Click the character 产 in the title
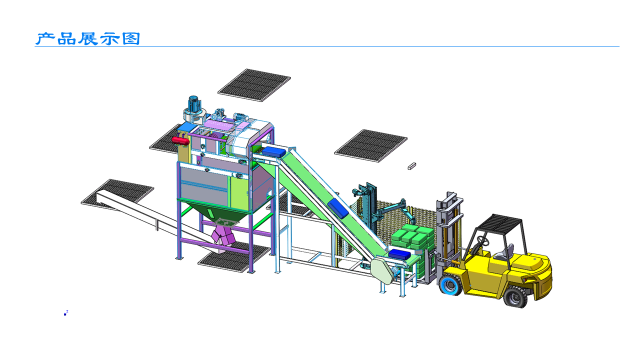coord(45,39)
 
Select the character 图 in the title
coord(131,39)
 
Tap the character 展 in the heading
coord(88,39)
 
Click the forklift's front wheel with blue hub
coord(451,284)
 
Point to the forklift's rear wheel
coord(516,296)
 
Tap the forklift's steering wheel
coord(483,241)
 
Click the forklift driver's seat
coord(506,252)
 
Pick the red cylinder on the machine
coord(180,140)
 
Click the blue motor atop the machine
coord(193,102)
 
